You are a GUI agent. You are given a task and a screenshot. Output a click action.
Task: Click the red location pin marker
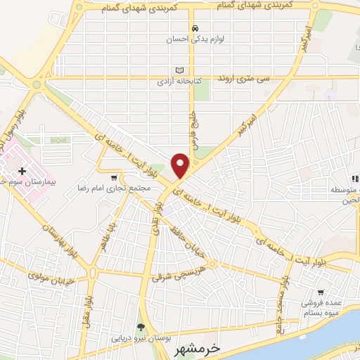pos(181,165)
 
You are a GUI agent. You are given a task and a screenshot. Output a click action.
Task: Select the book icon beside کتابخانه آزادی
pos(179,70)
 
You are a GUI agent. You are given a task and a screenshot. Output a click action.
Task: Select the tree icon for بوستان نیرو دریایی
pos(140,326)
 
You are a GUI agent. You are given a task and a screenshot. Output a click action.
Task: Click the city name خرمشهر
pos(215,348)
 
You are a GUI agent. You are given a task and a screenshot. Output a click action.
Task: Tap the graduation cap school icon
pos(355,179)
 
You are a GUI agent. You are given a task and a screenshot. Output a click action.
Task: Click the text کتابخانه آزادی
pos(179,82)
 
